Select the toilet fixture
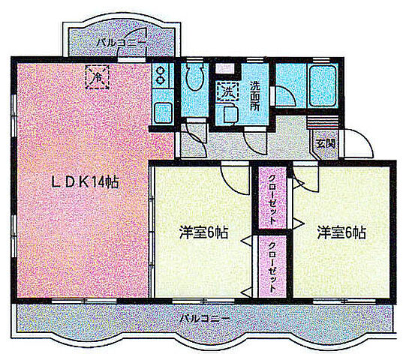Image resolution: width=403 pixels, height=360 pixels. (194, 78)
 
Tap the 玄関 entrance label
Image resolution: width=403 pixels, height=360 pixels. (324, 142)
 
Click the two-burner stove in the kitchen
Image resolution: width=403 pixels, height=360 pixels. (161, 75)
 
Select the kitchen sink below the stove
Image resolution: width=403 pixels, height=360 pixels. (161, 112)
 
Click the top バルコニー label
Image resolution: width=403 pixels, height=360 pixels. (121, 43)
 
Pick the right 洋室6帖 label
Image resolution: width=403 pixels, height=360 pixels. (341, 232)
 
